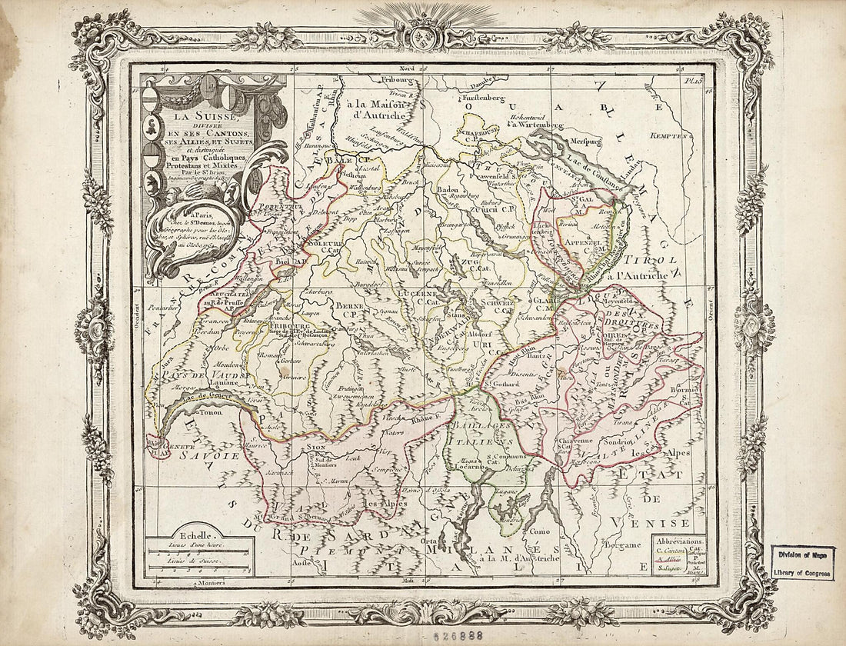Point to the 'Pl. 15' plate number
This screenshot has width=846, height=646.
point(694,75)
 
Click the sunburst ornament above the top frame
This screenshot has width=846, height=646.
point(397,17)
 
